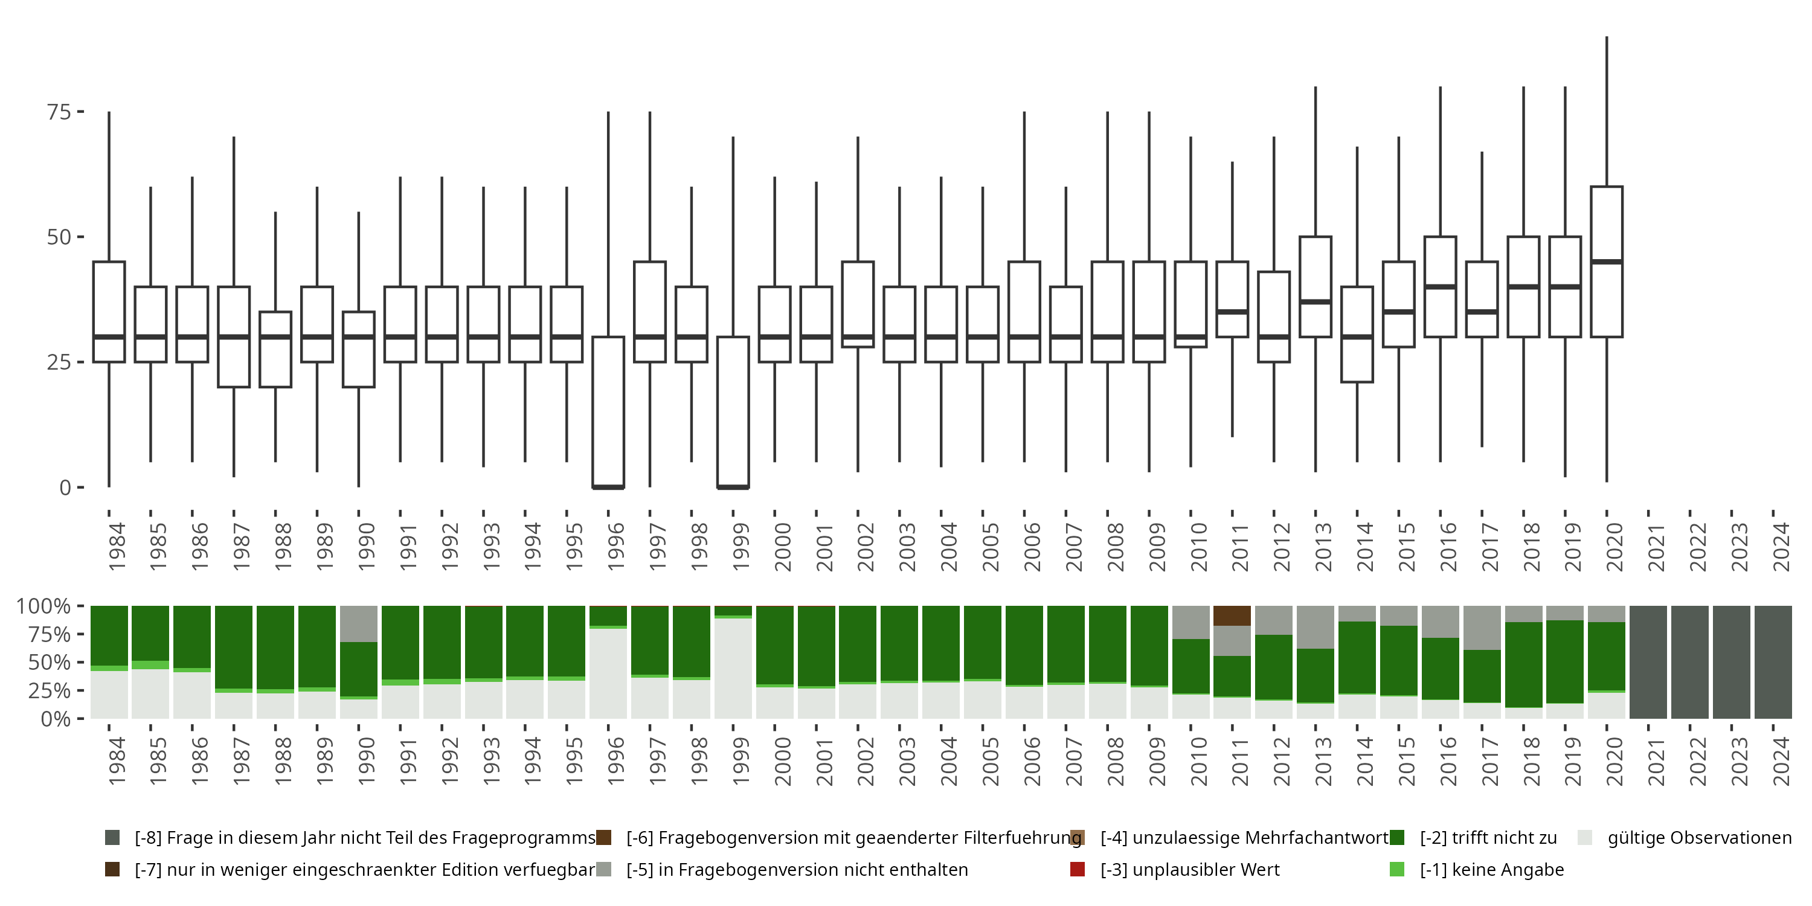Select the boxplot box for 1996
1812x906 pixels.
(608, 412)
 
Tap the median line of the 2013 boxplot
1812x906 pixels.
(1316, 302)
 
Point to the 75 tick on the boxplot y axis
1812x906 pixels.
(80, 112)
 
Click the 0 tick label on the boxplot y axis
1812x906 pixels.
(65, 487)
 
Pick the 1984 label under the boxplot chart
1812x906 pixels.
(116, 547)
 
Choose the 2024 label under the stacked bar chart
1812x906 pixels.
(1781, 761)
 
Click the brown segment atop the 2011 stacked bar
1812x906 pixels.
(1232, 615)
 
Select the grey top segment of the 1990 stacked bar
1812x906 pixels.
(359, 624)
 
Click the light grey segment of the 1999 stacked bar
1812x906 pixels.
(733, 668)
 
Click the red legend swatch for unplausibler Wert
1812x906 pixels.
(1077, 869)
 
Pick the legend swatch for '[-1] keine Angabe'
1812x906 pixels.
(1397, 869)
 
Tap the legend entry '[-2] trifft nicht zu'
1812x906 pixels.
(1488, 838)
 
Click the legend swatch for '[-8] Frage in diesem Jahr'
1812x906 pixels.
(112, 838)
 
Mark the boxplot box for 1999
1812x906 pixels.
(733, 412)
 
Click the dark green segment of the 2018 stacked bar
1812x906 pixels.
(1524, 665)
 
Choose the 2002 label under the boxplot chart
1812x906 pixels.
(865, 547)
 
